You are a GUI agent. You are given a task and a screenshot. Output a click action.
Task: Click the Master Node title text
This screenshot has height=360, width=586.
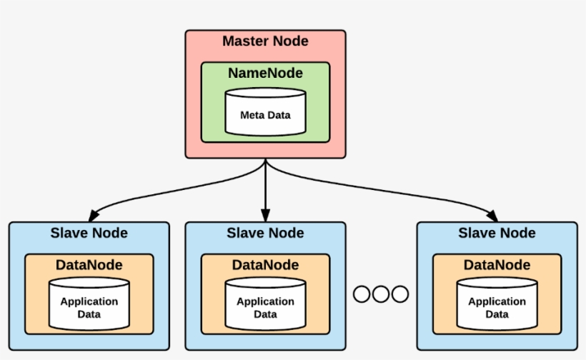point(265,41)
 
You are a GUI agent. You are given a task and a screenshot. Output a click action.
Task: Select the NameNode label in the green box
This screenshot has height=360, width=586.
point(265,74)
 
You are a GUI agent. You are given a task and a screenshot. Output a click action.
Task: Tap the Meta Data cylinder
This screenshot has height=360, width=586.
point(265,112)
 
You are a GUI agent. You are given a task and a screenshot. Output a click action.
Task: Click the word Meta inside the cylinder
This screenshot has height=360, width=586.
point(251,114)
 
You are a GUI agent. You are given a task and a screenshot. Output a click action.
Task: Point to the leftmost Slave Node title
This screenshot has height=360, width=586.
point(89,233)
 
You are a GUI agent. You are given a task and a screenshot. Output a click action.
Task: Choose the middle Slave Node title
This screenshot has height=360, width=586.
point(265,233)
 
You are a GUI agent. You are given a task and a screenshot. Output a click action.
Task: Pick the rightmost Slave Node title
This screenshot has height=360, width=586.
point(497,233)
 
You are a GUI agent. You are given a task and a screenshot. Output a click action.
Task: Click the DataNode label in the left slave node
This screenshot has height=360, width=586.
point(89,265)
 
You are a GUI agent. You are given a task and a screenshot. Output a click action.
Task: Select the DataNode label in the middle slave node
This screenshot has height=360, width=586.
point(265,265)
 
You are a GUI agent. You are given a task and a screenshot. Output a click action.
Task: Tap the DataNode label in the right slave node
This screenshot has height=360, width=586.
point(497,265)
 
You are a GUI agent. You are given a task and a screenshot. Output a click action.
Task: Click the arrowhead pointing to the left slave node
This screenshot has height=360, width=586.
point(93,216)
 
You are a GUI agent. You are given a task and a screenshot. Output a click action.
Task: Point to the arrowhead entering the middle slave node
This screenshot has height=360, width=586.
point(265,215)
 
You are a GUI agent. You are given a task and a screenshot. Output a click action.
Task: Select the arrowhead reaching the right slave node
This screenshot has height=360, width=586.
point(492,216)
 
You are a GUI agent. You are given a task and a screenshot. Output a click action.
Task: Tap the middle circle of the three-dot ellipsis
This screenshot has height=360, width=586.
point(381,294)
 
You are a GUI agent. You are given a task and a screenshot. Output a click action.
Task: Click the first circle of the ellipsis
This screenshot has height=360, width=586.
point(362,294)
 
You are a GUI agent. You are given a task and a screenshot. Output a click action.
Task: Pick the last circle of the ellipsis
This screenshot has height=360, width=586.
point(399,294)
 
